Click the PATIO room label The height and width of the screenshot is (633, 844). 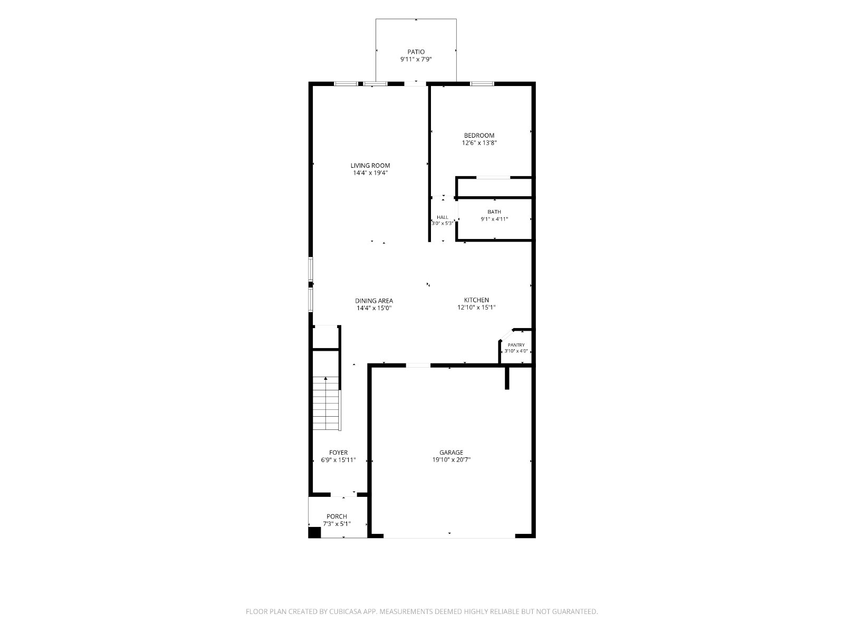[416, 52]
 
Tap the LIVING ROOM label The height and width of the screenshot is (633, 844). [370, 166]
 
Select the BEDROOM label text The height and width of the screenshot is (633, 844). [479, 135]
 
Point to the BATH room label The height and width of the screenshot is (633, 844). [494, 212]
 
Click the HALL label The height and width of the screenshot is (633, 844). [442, 217]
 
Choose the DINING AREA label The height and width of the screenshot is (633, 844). [374, 301]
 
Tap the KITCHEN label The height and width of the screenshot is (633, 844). [476, 300]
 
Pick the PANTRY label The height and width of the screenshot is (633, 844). [516, 345]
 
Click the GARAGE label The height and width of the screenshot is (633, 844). [452, 453]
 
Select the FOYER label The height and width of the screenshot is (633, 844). [338, 453]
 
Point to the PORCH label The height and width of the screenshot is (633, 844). [337, 516]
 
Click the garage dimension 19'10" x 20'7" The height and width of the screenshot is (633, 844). [452, 459]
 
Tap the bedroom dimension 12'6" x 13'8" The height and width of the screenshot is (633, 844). [479, 142]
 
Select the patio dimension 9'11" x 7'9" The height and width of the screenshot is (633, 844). [416, 59]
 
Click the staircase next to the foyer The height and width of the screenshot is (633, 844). [327, 403]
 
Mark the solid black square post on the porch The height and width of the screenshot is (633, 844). [315, 532]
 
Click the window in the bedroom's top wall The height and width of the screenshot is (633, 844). [482, 83]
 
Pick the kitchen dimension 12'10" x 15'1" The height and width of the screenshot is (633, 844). [476, 308]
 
